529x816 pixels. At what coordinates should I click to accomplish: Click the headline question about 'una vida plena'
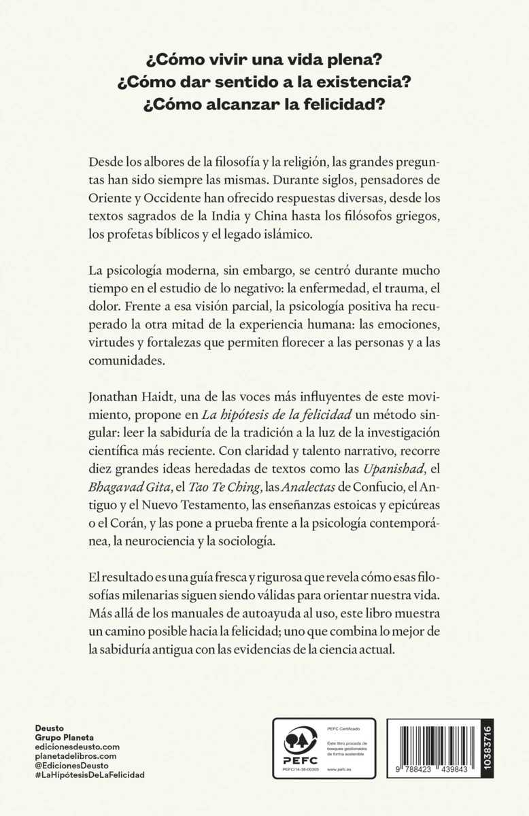pos(264,59)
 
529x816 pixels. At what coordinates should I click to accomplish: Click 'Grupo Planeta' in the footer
pos(64,737)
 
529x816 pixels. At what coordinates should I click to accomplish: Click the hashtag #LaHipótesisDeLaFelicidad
pos(89,775)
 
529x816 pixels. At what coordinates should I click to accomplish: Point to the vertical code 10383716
pos(487,749)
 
